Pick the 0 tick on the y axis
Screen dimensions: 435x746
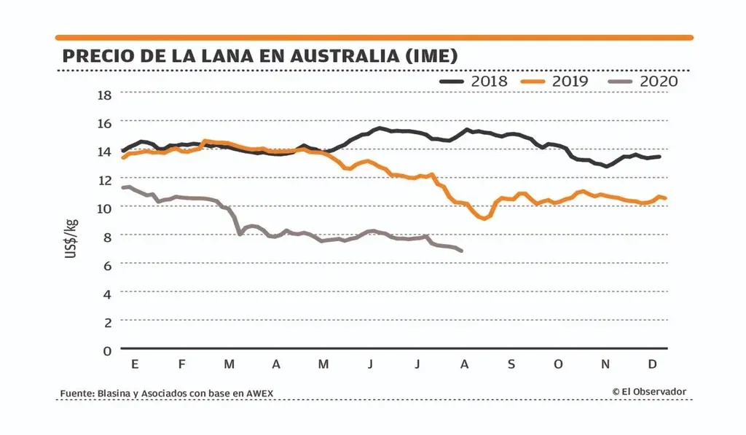pyautogui.click(x=106, y=350)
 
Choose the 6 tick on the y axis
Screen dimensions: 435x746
pyautogui.click(x=106, y=264)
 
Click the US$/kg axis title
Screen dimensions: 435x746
pyautogui.click(x=73, y=238)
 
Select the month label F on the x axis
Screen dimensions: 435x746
pyautogui.click(x=181, y=364)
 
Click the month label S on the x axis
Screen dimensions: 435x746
pyautogui.click(x=511, y=364)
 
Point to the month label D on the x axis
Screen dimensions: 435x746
pyautogui.click(x=653, y=364)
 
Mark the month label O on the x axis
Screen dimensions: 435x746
pyautogui.click(x=558, y=364)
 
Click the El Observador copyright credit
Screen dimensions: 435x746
pyautogui.click(x=649, y=392)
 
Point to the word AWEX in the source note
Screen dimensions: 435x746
pyautogui.click(x=260, y=394)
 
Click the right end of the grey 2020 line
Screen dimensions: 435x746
pyautogui.click(x=462, y=251)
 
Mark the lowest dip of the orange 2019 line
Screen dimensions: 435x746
pyautogui.click(x=484, y=218)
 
